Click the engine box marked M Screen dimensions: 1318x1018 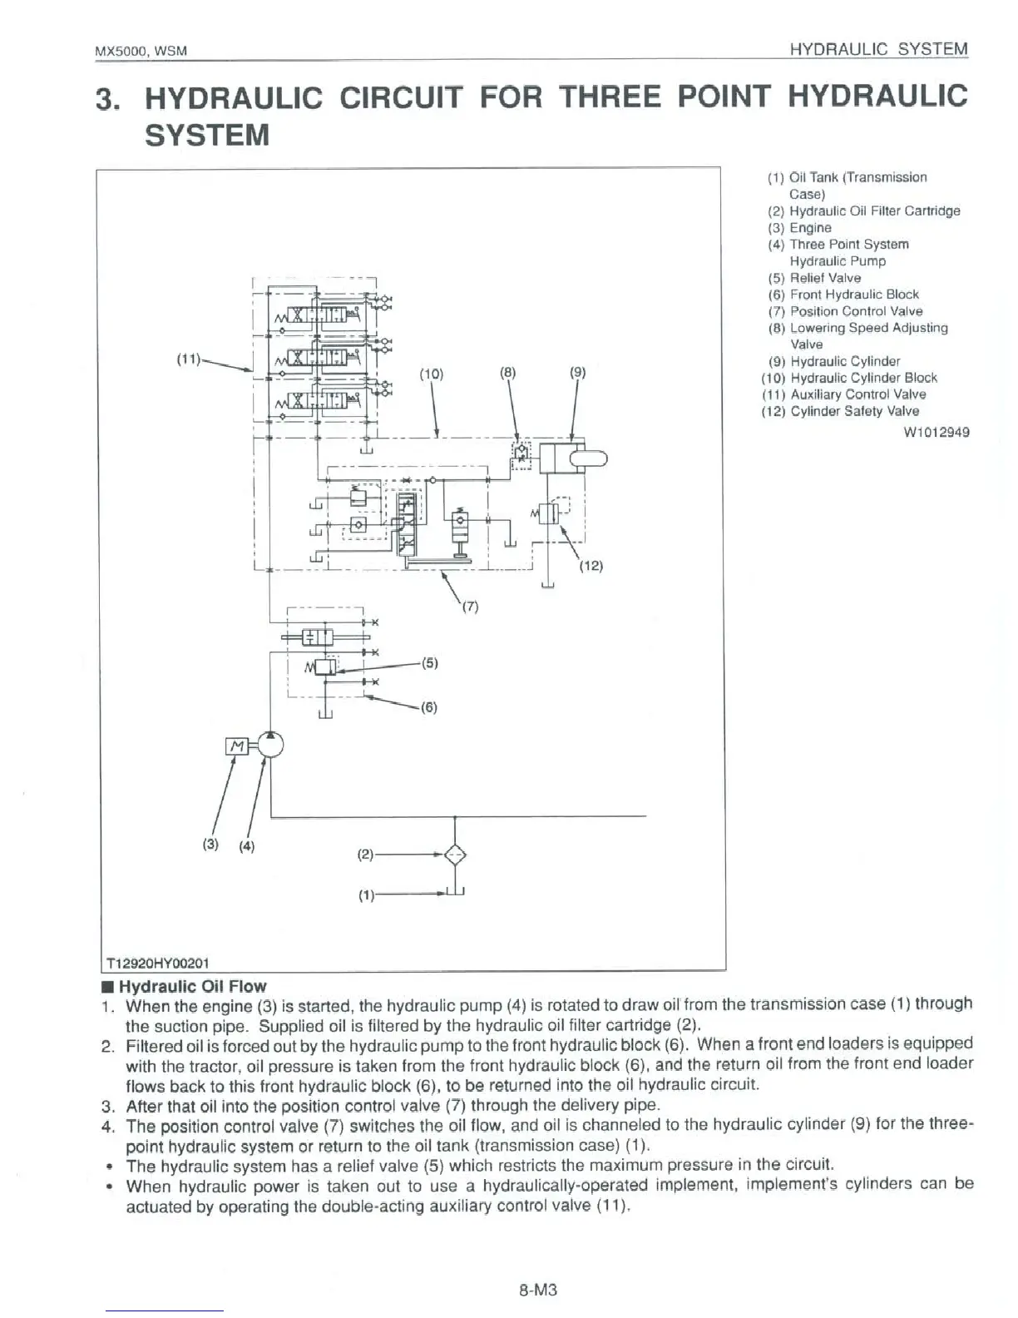(x=236, y=746)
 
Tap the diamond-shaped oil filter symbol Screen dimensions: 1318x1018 (x=455, y=855)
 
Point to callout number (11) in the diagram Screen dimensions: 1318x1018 (x=188, y=359)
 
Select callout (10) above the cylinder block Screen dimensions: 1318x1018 (x=432, y=374)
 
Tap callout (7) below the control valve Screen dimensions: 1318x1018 (x=470, y=607)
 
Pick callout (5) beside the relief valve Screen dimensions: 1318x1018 (x=429, y=663)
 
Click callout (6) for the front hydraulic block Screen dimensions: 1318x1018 (x=428, y=707)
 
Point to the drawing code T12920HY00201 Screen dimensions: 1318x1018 (x=156, y=963)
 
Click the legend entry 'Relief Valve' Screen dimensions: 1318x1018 (x=825, y=278)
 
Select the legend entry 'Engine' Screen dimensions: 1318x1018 (x=810, y=228)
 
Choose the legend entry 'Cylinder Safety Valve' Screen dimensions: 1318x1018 (x=854, y=411)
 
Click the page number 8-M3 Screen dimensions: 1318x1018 (x=537, y=1291)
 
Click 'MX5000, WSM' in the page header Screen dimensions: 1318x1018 (x=141, y=51)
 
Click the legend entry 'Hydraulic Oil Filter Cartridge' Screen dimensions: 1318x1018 (x=874, y=211)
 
